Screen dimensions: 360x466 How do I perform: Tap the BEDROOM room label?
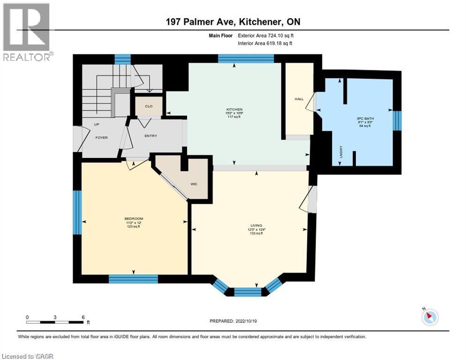click(134, 219)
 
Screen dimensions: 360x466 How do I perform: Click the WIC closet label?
click(194, 184)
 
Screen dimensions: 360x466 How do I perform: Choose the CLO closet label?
click(148, 106)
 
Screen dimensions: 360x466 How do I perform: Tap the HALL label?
click(299, 99)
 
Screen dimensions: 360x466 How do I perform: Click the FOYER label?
click(102, 138)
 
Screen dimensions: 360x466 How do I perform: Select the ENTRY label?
click(150, 136)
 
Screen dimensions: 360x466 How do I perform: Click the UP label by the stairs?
click(97, 125)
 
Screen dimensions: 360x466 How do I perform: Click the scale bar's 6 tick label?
click(83, 317)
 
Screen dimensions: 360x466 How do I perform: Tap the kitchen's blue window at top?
click(246, 59)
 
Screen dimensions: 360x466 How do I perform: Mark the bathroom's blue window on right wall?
click(397, 120)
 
